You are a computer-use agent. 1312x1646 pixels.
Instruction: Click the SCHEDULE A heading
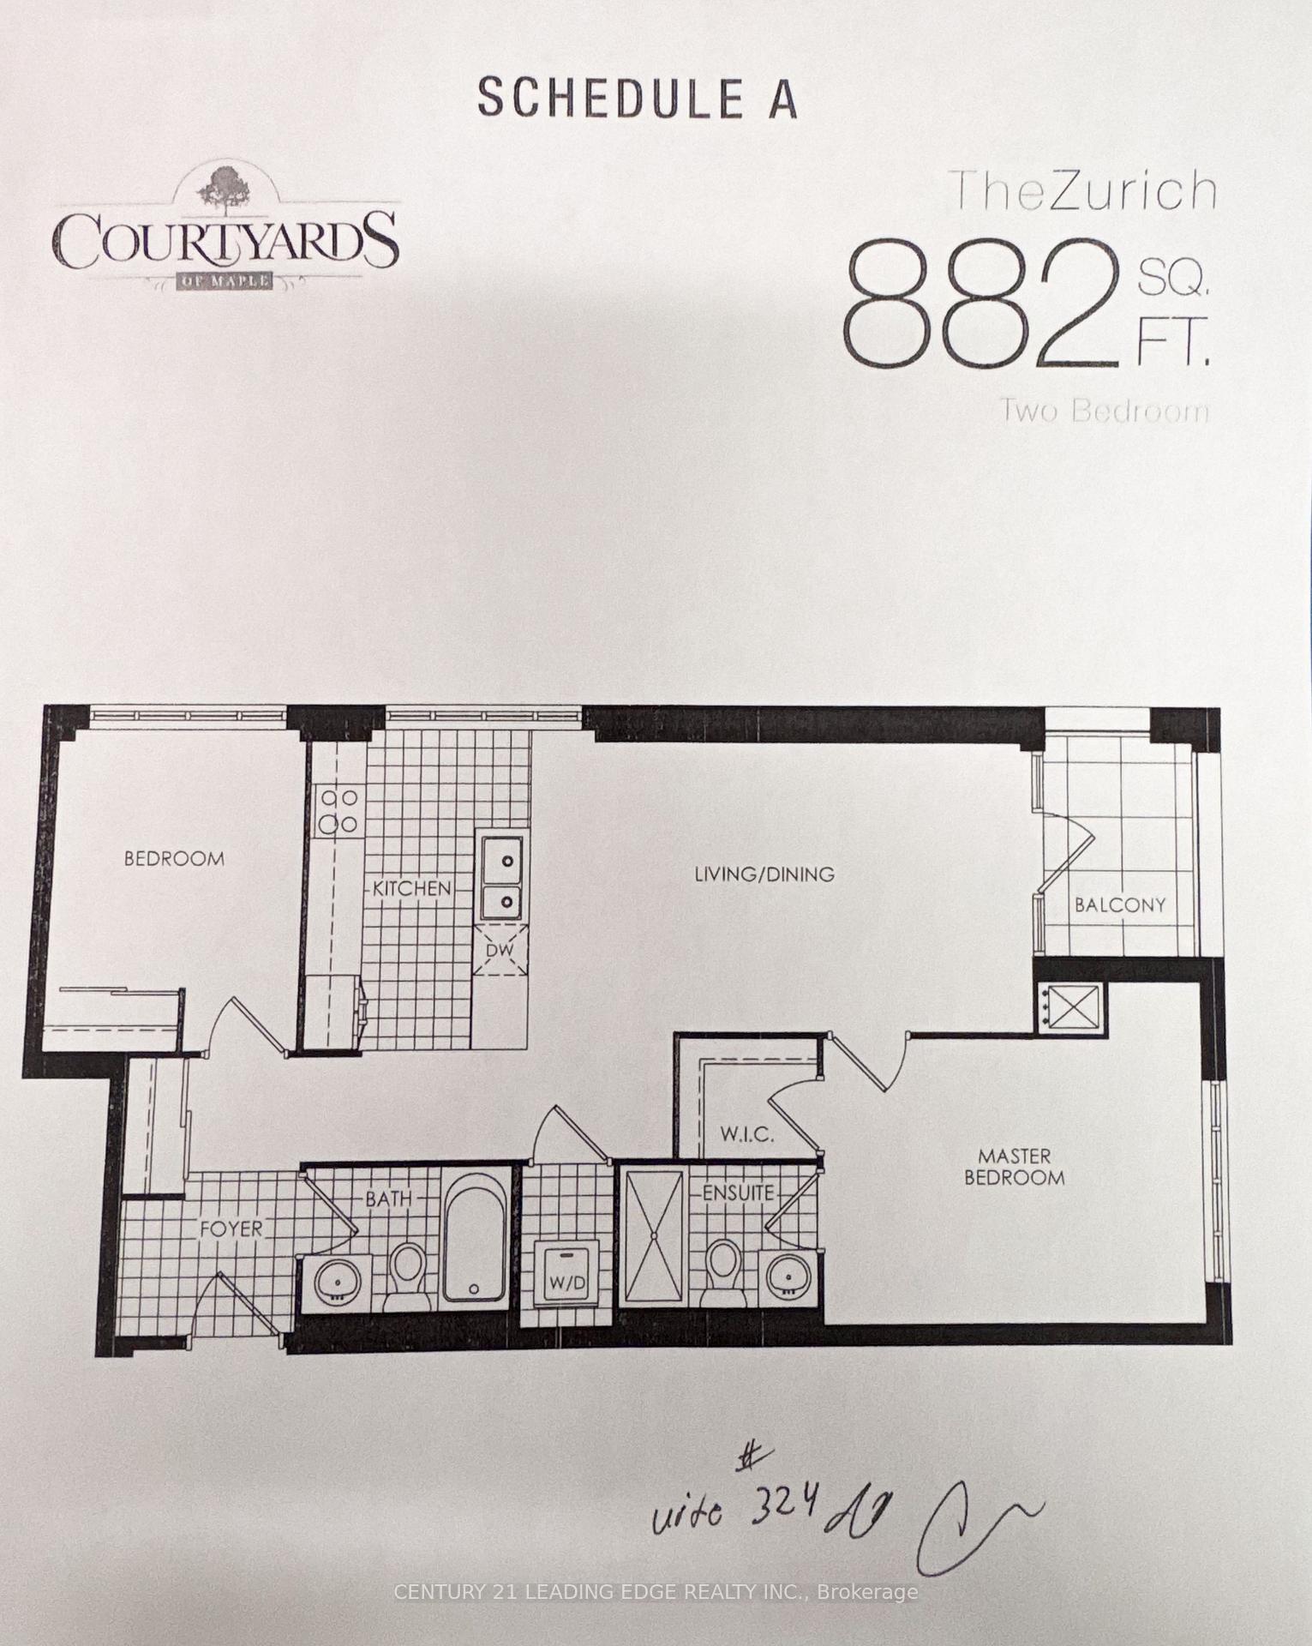[638, 99]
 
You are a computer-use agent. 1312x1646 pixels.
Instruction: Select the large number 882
[981, 303]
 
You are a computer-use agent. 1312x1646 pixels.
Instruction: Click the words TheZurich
[1084, 193]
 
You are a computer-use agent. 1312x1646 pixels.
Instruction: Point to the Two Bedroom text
[1105, 411]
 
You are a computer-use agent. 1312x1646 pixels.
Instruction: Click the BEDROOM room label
[174, 858]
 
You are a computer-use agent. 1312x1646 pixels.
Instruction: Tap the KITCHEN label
[411, 888]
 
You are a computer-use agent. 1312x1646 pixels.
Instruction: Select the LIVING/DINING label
[764, 874]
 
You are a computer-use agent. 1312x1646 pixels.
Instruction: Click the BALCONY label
[1120, 904]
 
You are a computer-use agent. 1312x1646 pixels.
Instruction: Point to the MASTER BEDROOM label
[1015, 1167]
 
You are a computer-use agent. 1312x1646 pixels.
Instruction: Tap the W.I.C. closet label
[746, 1135]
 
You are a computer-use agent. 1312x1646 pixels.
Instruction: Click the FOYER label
[231, 1228]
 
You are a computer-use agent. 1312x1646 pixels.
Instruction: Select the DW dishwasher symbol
[500, 951]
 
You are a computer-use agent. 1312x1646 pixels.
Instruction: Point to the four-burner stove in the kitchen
[338, 811]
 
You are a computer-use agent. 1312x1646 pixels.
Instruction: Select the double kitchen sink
[502, 879]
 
